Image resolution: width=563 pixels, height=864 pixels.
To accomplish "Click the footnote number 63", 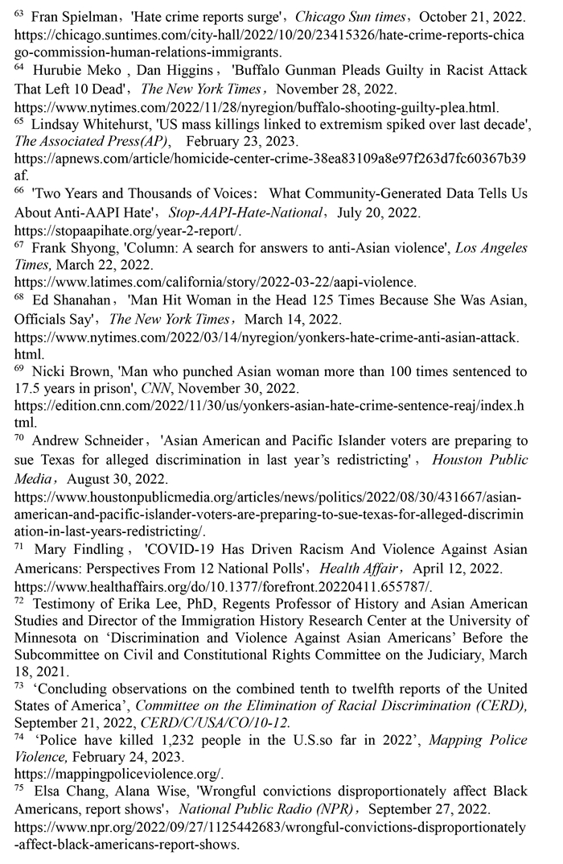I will (x=19, y=13).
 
